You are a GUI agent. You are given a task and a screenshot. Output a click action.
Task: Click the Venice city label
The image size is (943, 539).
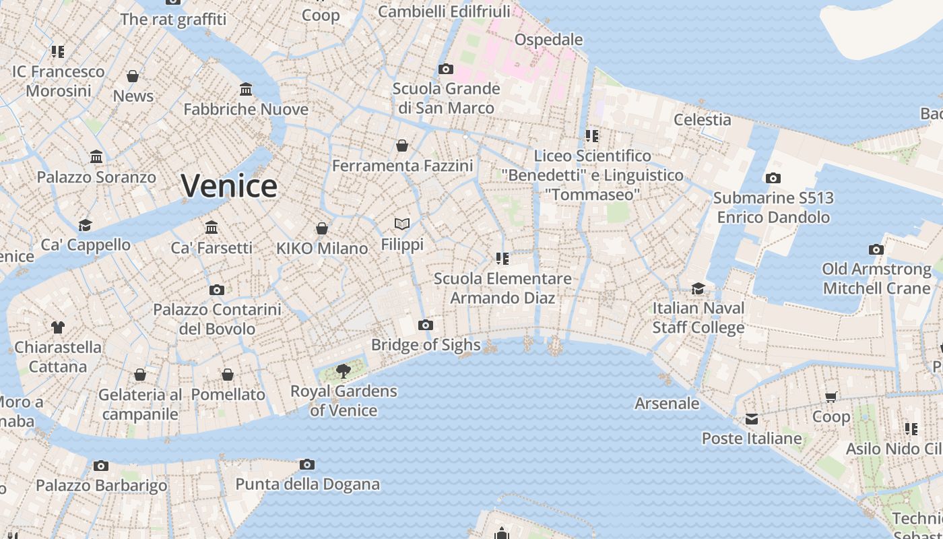point(229,186)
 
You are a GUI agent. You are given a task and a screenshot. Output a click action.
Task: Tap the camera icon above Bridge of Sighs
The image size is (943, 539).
point(425,325)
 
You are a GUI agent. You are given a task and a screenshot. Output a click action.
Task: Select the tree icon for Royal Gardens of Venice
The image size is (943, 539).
point(344,371)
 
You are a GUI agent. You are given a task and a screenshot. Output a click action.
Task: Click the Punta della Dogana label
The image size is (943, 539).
point(307,484)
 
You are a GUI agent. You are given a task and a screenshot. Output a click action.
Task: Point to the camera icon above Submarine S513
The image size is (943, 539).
point(773,179)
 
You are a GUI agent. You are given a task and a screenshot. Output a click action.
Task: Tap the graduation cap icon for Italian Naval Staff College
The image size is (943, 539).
point(698,288)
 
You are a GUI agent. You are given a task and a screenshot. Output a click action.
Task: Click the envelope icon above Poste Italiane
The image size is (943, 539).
point(752,419)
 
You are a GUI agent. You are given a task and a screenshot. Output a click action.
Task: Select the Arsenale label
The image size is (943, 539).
point(667,404)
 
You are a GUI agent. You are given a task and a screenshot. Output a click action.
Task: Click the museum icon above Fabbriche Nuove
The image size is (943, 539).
point(246,90)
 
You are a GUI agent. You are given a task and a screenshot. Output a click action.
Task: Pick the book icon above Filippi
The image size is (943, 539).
point(402,224)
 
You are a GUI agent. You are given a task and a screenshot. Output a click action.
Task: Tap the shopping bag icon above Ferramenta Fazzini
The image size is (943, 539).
point(402,146)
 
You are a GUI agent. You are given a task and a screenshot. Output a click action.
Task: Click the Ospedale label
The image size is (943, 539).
point(548,40)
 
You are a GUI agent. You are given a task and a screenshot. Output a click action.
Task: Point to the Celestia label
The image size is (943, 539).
point(703,120)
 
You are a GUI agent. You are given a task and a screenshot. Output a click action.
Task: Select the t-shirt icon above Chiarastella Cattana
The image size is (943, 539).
point(58,327)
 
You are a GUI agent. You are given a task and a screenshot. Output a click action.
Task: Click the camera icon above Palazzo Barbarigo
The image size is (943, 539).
point(101,466)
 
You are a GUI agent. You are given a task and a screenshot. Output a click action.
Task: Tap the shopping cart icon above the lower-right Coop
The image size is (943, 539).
point(831,397)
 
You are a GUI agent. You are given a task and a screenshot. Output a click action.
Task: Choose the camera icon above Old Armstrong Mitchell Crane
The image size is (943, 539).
point(876,249)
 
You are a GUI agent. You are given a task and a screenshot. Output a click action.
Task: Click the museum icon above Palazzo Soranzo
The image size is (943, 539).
point(96,157)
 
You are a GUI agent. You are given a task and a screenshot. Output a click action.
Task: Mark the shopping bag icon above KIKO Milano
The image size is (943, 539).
point(322,228)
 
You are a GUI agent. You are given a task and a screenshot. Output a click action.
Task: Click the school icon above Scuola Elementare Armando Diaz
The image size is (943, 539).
point(502,259)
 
